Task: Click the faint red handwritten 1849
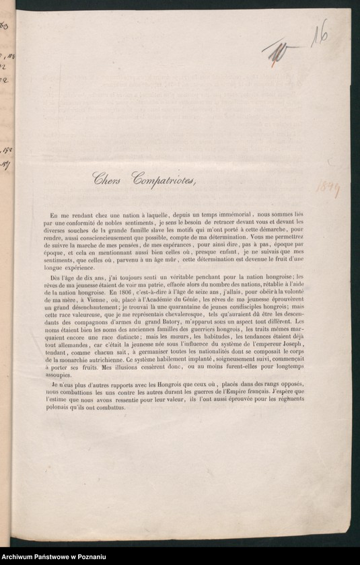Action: point(328,190)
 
